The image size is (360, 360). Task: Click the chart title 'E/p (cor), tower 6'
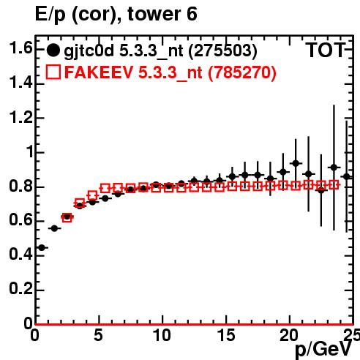click(x=116, y=14)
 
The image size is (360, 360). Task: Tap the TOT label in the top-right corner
click(x=325, y=50)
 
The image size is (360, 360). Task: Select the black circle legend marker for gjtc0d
click(x=53, y=50)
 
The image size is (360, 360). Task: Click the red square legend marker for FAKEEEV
click(x=53, y=72)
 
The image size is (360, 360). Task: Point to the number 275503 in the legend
click(x=223, y=50)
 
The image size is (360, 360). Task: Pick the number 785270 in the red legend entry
click(x=242, y=72)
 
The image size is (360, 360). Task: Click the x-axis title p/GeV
click(x=323, y=349)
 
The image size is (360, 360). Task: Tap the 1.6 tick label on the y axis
click(x=20, y=48)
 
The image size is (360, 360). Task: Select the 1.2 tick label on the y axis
click(x=20, y=117)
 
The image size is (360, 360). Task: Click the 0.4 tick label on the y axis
click(x=20, y=254)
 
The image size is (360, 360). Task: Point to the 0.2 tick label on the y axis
click(x=20, y=288)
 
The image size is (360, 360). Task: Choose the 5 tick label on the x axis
click(x=98, y=335)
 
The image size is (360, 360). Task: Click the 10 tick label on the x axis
click(x=162, y=335)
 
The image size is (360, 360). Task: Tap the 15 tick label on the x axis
click(x=226, y=335)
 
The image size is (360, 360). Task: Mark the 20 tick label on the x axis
click(x=289, y=335)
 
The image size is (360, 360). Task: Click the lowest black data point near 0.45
click(x=42, y=248)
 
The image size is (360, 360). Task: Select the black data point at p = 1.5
click(x=54, y=228)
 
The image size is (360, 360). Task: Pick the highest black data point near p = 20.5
click(x=296, y=163)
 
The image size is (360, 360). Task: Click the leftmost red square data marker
click(x=67, y=217)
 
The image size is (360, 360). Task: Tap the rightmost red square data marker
click(x=334, y=184)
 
